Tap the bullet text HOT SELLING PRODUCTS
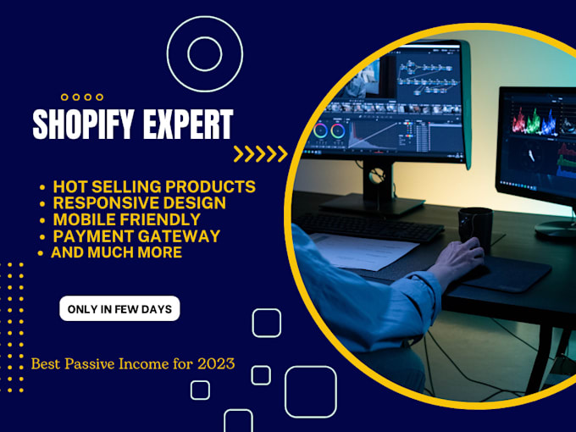coord(154,186)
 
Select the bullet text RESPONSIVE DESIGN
coord(139,202)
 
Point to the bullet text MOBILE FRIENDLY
coord(126,219)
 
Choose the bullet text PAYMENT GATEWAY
coord(136,235)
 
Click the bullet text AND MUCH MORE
coord(116,252)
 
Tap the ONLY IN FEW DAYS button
coord(119,309)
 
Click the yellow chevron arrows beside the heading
coord(260,154)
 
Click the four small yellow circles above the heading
coord(82,97)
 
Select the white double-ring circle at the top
coord(204,53)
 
